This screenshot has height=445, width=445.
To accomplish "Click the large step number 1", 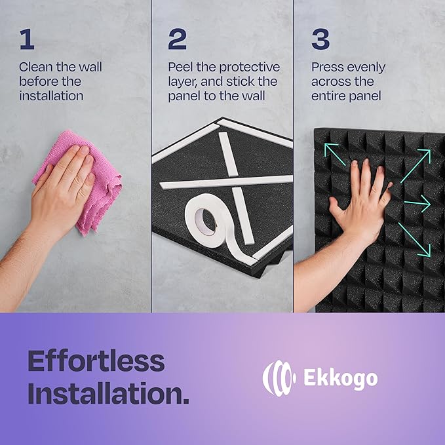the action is pos(28,39).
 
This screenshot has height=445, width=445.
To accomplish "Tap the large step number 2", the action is pos(178,39).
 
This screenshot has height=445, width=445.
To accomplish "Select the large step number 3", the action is pos(320,39).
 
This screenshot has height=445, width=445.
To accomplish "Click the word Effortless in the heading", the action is pos(96,360).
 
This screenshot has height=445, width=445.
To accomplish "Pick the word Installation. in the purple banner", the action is pos(108,393).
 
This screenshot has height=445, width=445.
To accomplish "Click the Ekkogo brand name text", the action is pos(341,378).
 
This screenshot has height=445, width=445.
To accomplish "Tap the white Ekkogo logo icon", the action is pos(279,378).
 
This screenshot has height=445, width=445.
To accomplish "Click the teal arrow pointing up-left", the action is pos(335,155).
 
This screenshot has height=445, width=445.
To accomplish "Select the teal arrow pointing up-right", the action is pos(416,166).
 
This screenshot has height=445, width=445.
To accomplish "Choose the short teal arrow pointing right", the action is pos(417,203).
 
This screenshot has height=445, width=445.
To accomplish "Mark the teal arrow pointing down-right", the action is pos(414,240).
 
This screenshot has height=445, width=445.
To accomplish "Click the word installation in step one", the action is pos(51,96).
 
